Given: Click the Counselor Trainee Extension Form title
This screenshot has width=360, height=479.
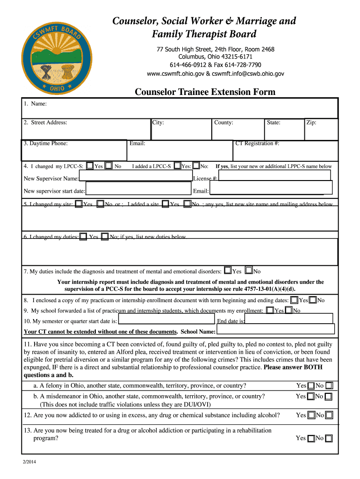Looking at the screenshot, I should (205, 92).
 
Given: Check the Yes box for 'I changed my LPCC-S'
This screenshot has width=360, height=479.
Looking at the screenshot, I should (90, 166).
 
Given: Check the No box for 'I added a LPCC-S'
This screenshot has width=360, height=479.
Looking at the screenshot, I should (196, 166).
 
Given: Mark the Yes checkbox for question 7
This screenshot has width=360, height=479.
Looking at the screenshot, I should (228, 270).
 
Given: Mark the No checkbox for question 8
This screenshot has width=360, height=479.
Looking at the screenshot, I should (313, 300).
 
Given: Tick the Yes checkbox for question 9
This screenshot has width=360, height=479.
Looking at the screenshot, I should (270, 310).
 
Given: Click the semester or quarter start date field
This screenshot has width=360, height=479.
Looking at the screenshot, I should (166, 320).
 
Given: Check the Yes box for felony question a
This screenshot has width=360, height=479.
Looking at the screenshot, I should (311, 386).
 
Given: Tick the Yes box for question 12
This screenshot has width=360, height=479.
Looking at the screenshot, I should (311, 415).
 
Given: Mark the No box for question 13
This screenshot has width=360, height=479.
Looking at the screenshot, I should (329, 438).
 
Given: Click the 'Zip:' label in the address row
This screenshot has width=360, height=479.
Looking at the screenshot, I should (311, 123).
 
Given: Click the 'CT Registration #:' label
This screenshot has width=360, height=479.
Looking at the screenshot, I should (257, 143).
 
